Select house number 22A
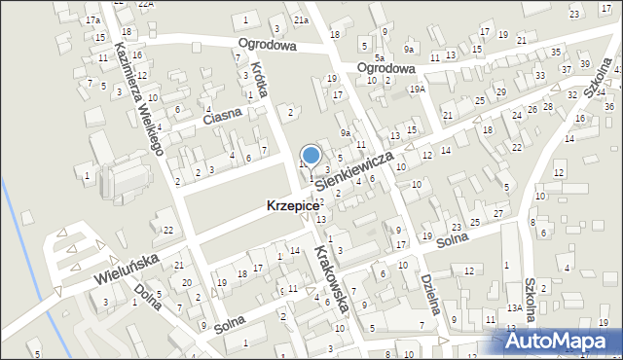146,4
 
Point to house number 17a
92,20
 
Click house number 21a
302,20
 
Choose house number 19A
418,90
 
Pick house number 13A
513,307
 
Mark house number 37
567,69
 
